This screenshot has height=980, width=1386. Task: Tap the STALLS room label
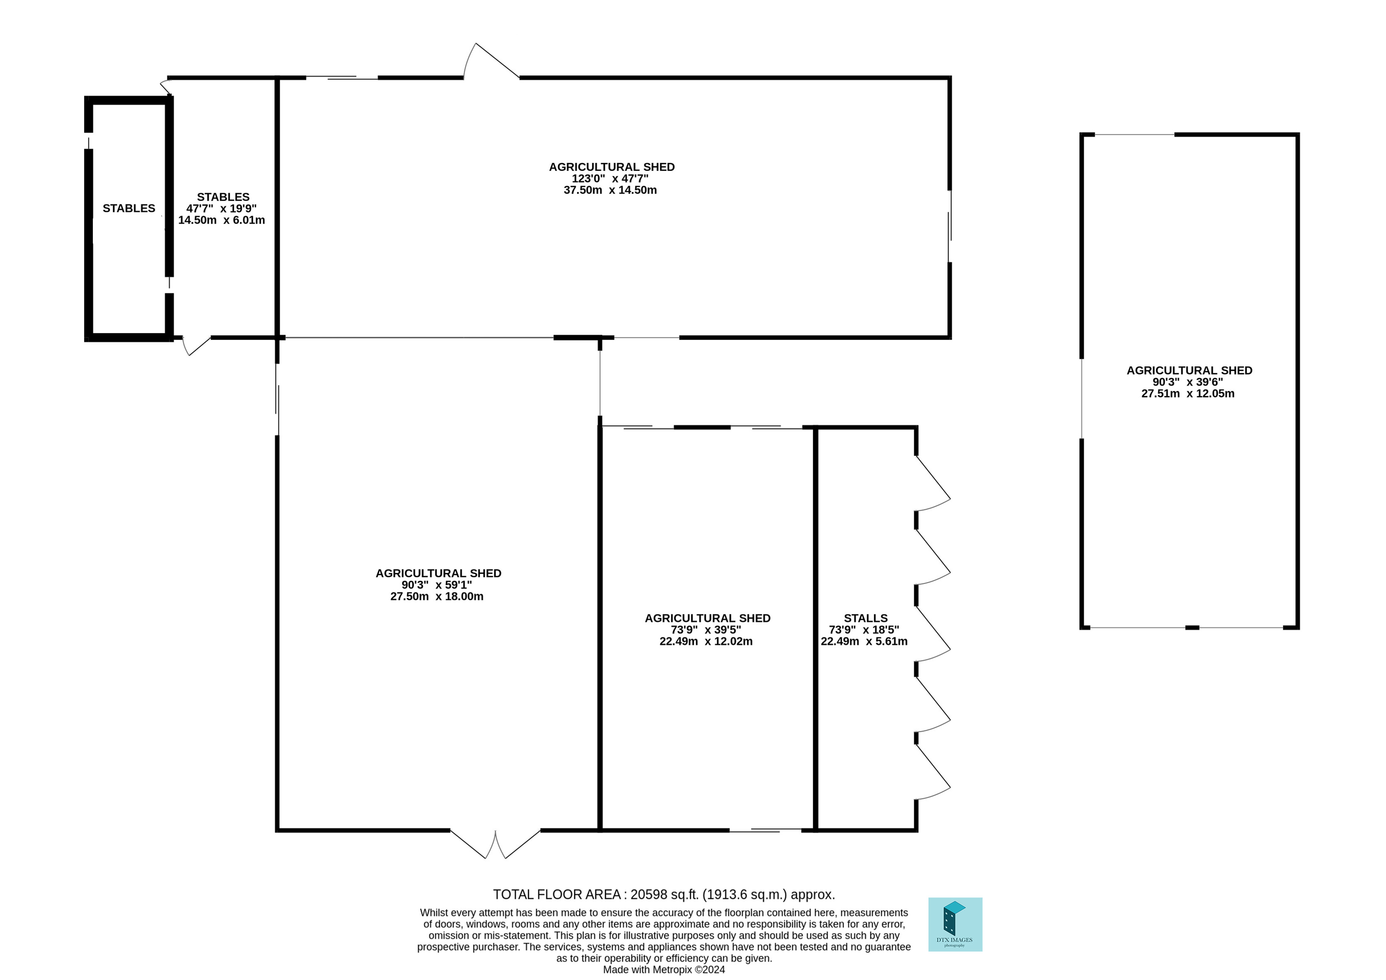[866, 618]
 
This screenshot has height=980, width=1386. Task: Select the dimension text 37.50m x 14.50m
[610, 190]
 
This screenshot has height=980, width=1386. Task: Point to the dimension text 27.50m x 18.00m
[437, 597]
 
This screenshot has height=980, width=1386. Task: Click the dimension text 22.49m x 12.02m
[706, 641]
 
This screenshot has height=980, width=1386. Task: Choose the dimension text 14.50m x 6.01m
[222, 220]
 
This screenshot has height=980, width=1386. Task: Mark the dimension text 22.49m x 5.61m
[864, 641]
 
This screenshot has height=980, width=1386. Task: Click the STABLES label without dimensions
[129, 208]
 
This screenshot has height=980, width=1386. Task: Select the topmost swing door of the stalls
[933, 483]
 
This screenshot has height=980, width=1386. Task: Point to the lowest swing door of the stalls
[933, 772]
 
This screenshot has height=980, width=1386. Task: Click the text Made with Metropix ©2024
[664, 970]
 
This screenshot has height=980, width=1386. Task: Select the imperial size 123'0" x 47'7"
[610, 179]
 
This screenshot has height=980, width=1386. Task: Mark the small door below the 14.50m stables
[196, 346]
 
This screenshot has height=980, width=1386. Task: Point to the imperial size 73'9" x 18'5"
[864, 630]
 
